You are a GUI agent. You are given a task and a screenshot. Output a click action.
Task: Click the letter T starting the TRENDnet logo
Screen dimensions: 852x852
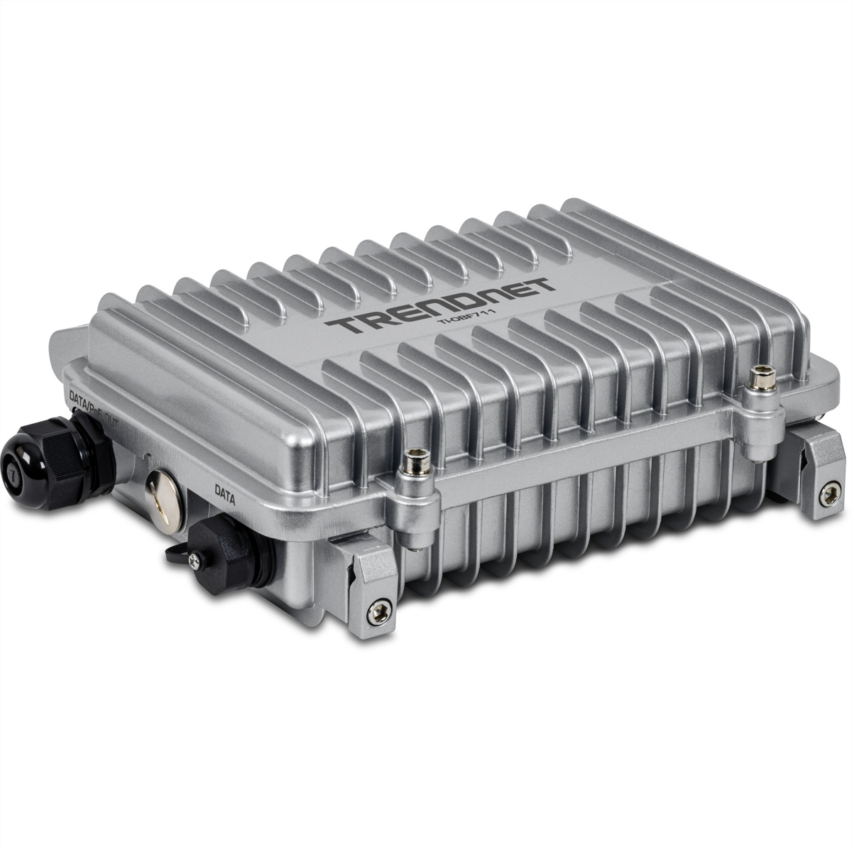click(x=348, y=326)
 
